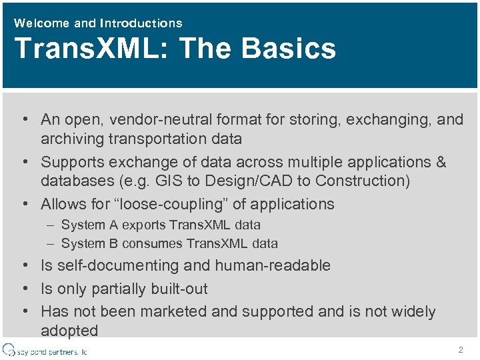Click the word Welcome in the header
click(41, 23)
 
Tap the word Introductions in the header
click(141, 23)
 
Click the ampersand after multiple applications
click(441, 162)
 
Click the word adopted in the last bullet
click(69, 331)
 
